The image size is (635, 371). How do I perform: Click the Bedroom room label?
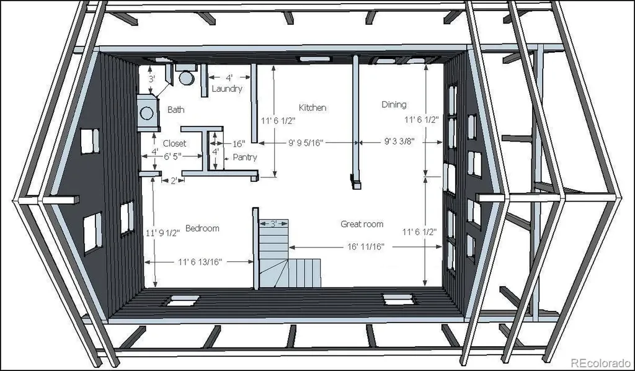coord(202,228)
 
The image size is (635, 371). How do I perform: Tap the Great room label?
coord(362,224)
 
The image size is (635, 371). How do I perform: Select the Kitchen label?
coord(313,108)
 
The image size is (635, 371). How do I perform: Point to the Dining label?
coord(394,104)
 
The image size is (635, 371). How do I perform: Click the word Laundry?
coord(227,89)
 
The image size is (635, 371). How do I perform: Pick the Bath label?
coord(175,109)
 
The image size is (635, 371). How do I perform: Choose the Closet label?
coord(174,143)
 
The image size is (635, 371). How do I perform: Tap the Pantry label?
coord(244,157)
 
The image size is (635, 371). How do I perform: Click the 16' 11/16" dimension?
coord(365,247)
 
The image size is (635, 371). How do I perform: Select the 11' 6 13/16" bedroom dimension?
coord(200,262)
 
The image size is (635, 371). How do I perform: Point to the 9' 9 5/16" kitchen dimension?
coord(306,143)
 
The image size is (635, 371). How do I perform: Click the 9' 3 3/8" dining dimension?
coord(399,141)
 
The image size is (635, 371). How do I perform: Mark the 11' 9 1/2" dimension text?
coord(163,233)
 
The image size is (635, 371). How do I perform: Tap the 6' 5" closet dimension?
coord(172,156)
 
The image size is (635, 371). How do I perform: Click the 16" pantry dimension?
coord(239,144)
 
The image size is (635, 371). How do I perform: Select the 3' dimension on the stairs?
coord(273,223)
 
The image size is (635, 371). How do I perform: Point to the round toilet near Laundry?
coord(187,78)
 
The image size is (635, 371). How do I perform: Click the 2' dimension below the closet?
coord(174,181)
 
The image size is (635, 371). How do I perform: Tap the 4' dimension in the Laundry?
coord(229,78)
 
